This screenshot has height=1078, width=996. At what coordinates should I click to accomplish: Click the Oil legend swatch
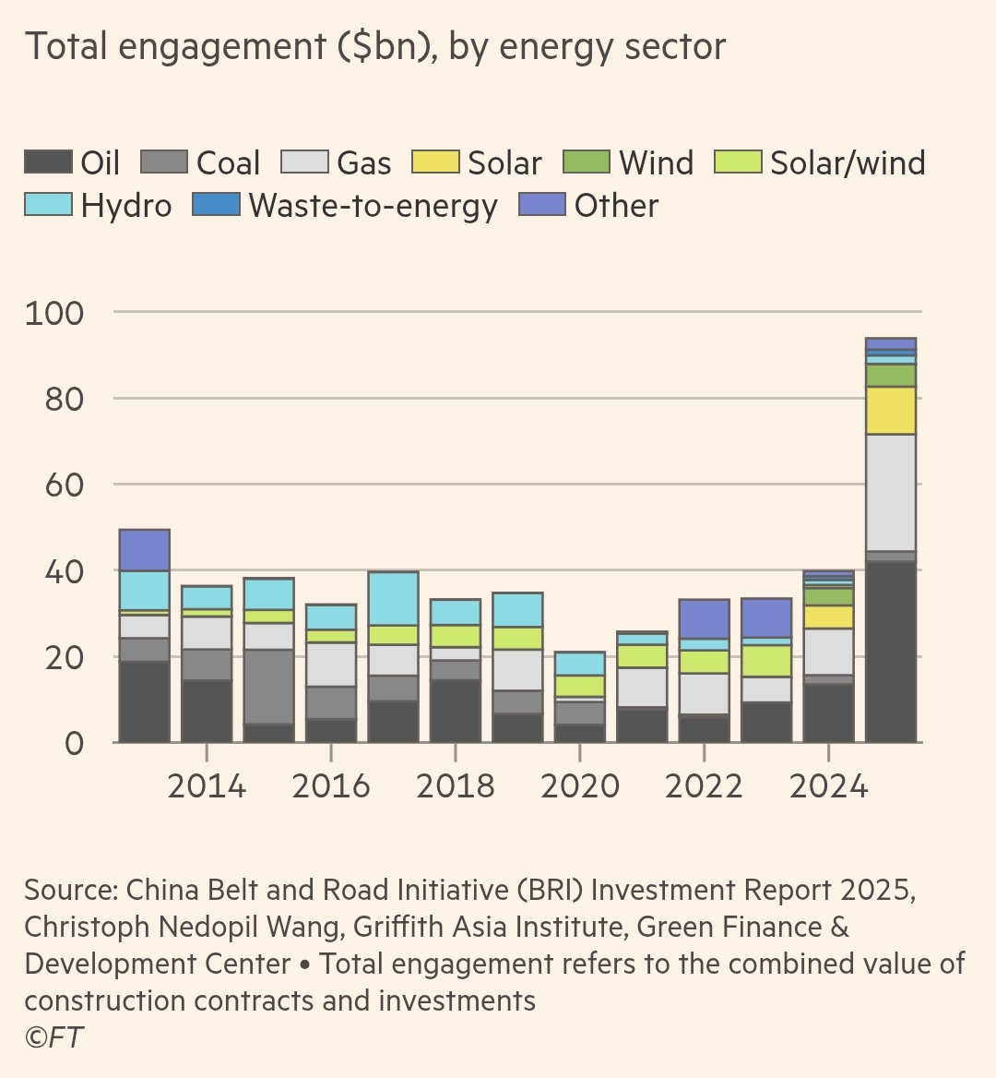[48, 162]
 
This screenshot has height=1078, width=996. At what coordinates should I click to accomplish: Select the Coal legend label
[228, 163]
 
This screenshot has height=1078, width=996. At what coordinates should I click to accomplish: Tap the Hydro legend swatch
[48, 205]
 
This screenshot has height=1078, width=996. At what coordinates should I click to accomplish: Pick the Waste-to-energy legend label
[373, 206]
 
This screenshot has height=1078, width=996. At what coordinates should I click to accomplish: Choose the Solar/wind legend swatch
[738, 162]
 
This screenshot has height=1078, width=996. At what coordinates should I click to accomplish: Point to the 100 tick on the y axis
[53, 313]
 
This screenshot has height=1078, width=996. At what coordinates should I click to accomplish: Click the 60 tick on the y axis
[64, 485]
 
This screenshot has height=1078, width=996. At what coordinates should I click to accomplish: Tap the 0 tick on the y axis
[74, 743]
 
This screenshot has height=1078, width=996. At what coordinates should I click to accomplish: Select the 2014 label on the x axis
[207, 786]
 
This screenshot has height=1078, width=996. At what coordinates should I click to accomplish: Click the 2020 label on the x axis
[580, 786]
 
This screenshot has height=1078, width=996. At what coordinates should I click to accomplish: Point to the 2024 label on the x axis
[829, 786]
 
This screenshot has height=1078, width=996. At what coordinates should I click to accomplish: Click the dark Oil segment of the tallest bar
[891, 652]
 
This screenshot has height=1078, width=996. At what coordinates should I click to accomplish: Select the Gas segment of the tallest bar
[891, 492]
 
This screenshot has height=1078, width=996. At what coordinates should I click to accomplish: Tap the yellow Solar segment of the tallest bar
[891, 411]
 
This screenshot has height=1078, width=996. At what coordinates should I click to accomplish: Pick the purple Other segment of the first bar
[145, 550]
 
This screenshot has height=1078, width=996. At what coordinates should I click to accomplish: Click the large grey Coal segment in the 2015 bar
[268, 687]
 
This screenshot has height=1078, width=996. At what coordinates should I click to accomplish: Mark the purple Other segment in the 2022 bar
[705, 618]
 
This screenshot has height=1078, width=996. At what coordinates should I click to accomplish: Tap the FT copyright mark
[53, 1037]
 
